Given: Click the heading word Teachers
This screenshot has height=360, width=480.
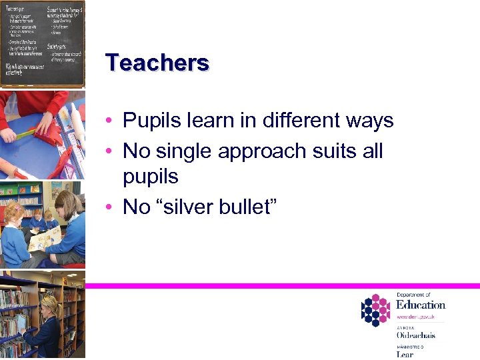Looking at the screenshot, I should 157,63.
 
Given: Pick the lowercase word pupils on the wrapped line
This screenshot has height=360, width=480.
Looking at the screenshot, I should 151,178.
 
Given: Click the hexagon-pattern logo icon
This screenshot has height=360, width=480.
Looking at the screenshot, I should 375,310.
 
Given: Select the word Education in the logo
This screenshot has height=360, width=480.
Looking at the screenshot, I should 420,305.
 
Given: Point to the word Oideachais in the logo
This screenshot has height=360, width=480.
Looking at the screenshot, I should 416,335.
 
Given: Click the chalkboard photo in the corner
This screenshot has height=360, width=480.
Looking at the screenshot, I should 43,43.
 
